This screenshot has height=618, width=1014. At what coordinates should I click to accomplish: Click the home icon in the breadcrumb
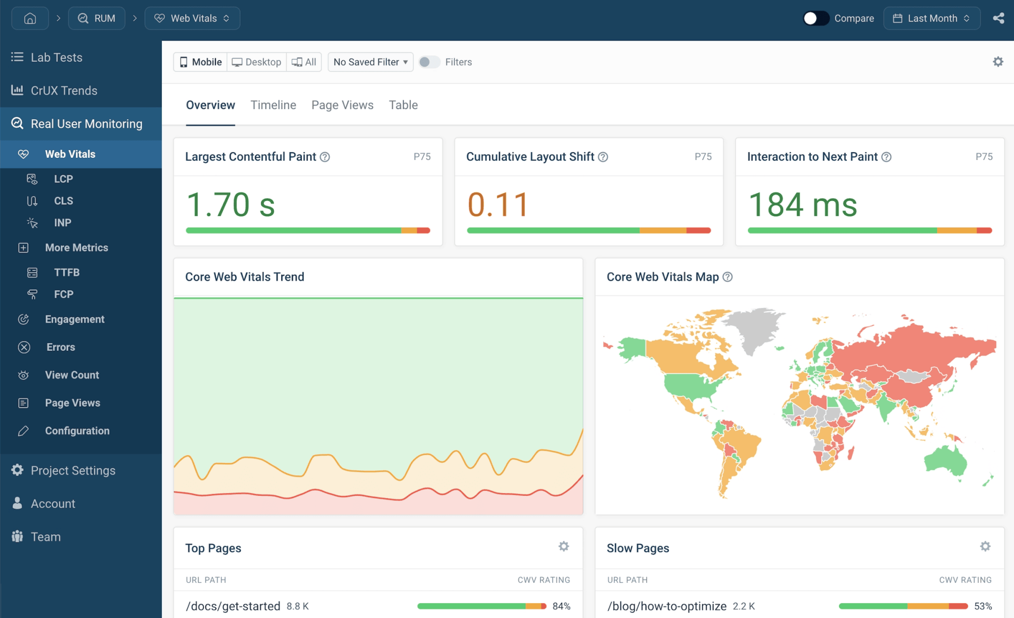[30, 18]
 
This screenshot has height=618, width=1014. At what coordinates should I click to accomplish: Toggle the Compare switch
[816, 18]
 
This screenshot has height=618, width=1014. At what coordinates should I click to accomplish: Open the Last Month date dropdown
[931, 18]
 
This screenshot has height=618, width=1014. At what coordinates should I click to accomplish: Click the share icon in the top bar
[998, 18]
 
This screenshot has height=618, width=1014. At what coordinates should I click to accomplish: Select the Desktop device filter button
[257, 62]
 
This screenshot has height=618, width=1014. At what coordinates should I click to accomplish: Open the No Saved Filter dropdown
[370, 62]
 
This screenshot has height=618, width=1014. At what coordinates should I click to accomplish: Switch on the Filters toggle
[429, 62]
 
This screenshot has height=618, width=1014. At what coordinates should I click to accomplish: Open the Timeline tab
[273, 105]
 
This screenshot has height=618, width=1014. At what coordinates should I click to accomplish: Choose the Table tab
[403, 105]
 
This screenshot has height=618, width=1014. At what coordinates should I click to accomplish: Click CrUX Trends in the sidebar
[64, 90]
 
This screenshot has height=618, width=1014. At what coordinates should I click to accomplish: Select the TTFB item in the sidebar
[66, 272]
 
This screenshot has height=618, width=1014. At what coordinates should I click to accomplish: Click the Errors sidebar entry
[60, 347]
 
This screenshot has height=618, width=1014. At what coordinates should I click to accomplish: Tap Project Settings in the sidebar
[73, 470]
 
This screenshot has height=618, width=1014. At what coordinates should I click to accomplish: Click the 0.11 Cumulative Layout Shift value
[498, 204]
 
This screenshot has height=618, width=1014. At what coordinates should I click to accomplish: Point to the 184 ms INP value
[802, 204]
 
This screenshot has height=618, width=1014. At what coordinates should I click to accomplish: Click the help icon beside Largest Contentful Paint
[325, 157]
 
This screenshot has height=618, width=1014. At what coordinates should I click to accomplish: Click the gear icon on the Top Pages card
[563, 546]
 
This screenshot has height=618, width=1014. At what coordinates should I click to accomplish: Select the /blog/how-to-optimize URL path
[666, 606]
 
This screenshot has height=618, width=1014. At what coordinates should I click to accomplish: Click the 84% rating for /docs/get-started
[561, 606]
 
